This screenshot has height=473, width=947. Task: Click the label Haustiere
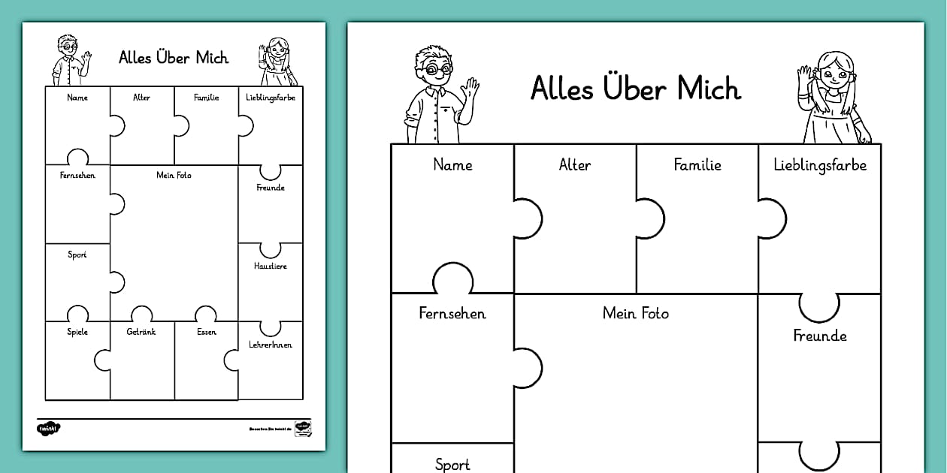point(270,266)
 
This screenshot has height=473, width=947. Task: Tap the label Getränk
point(141,332)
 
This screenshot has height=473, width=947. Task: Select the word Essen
point(206,332)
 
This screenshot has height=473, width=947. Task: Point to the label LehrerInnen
point(270,345)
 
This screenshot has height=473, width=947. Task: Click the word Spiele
point(77,332)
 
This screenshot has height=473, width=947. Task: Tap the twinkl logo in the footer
point(49,428)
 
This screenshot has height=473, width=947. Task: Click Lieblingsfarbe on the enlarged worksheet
point(820,164)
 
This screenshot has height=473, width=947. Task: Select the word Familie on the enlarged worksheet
point(697,164)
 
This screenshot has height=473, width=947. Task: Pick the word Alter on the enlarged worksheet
point(575,164)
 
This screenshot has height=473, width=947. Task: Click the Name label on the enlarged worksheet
point(452,164)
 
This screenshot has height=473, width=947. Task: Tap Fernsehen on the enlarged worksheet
point(452,313)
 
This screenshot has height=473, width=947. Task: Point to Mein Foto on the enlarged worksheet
point(636,313)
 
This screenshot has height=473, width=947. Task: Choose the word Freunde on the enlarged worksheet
point(820,336)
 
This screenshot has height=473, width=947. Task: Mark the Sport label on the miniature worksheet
point(77,255)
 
